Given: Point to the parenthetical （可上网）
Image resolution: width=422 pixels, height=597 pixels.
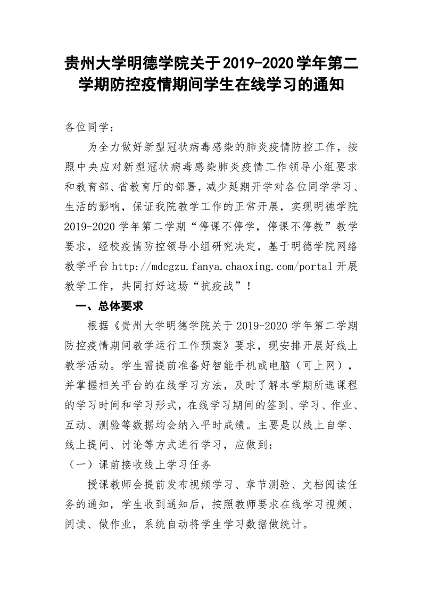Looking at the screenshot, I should point(320,365).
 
